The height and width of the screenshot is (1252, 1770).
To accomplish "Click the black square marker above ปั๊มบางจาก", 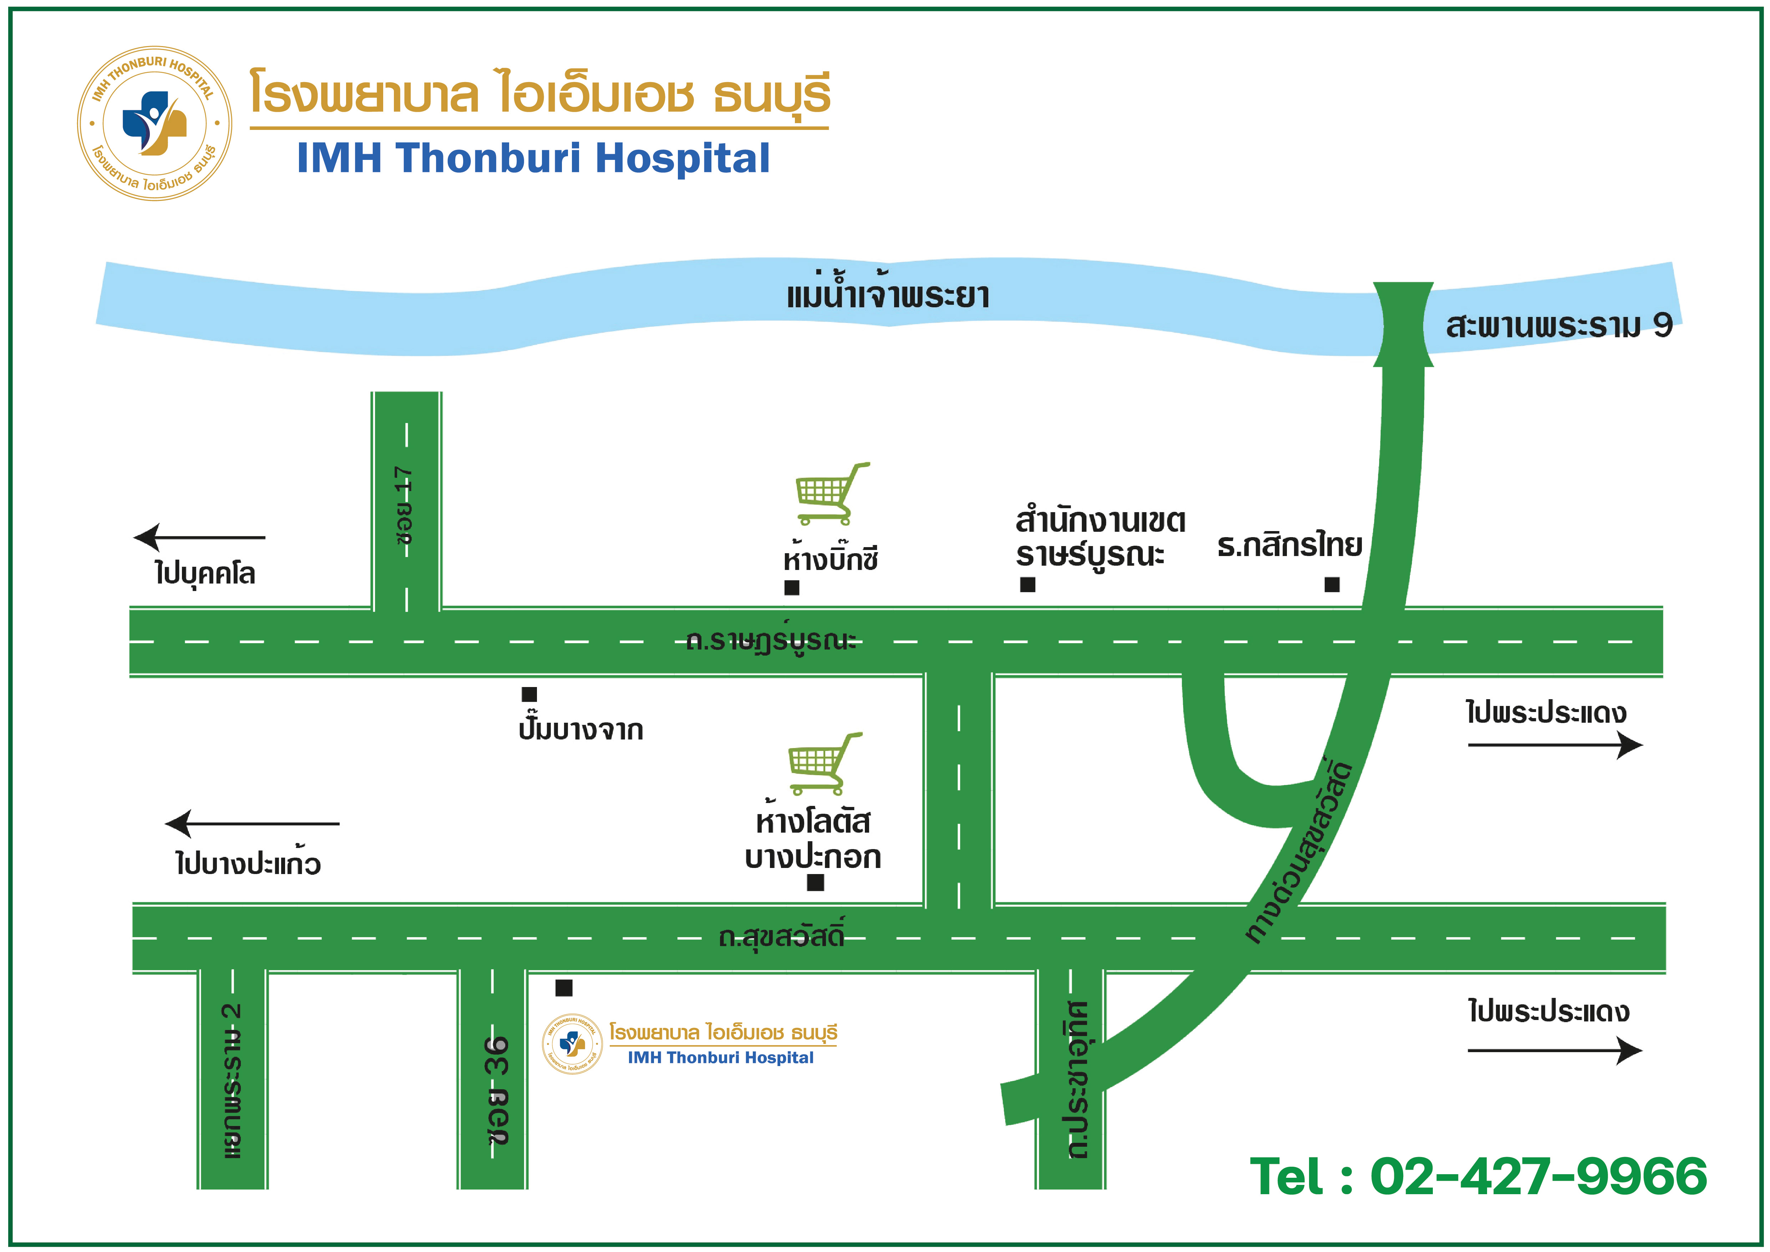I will [x=529, y=694].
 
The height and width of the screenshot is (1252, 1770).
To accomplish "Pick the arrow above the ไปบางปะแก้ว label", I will [x=252, y=823].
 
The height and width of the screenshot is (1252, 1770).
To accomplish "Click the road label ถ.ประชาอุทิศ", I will [x=1078, y=1079].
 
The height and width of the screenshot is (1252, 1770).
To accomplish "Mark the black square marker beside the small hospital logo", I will [x=563, y=988].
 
